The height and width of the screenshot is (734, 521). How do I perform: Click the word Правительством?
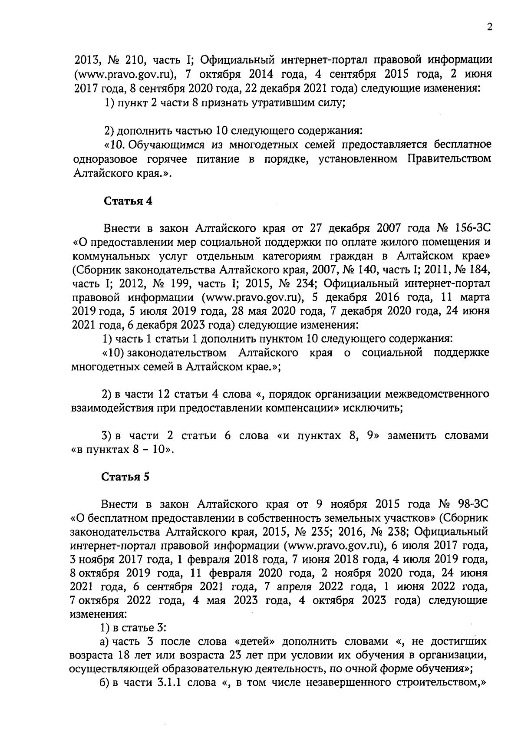coord(449,159)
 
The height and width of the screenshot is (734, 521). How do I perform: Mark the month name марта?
coord(475,297)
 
